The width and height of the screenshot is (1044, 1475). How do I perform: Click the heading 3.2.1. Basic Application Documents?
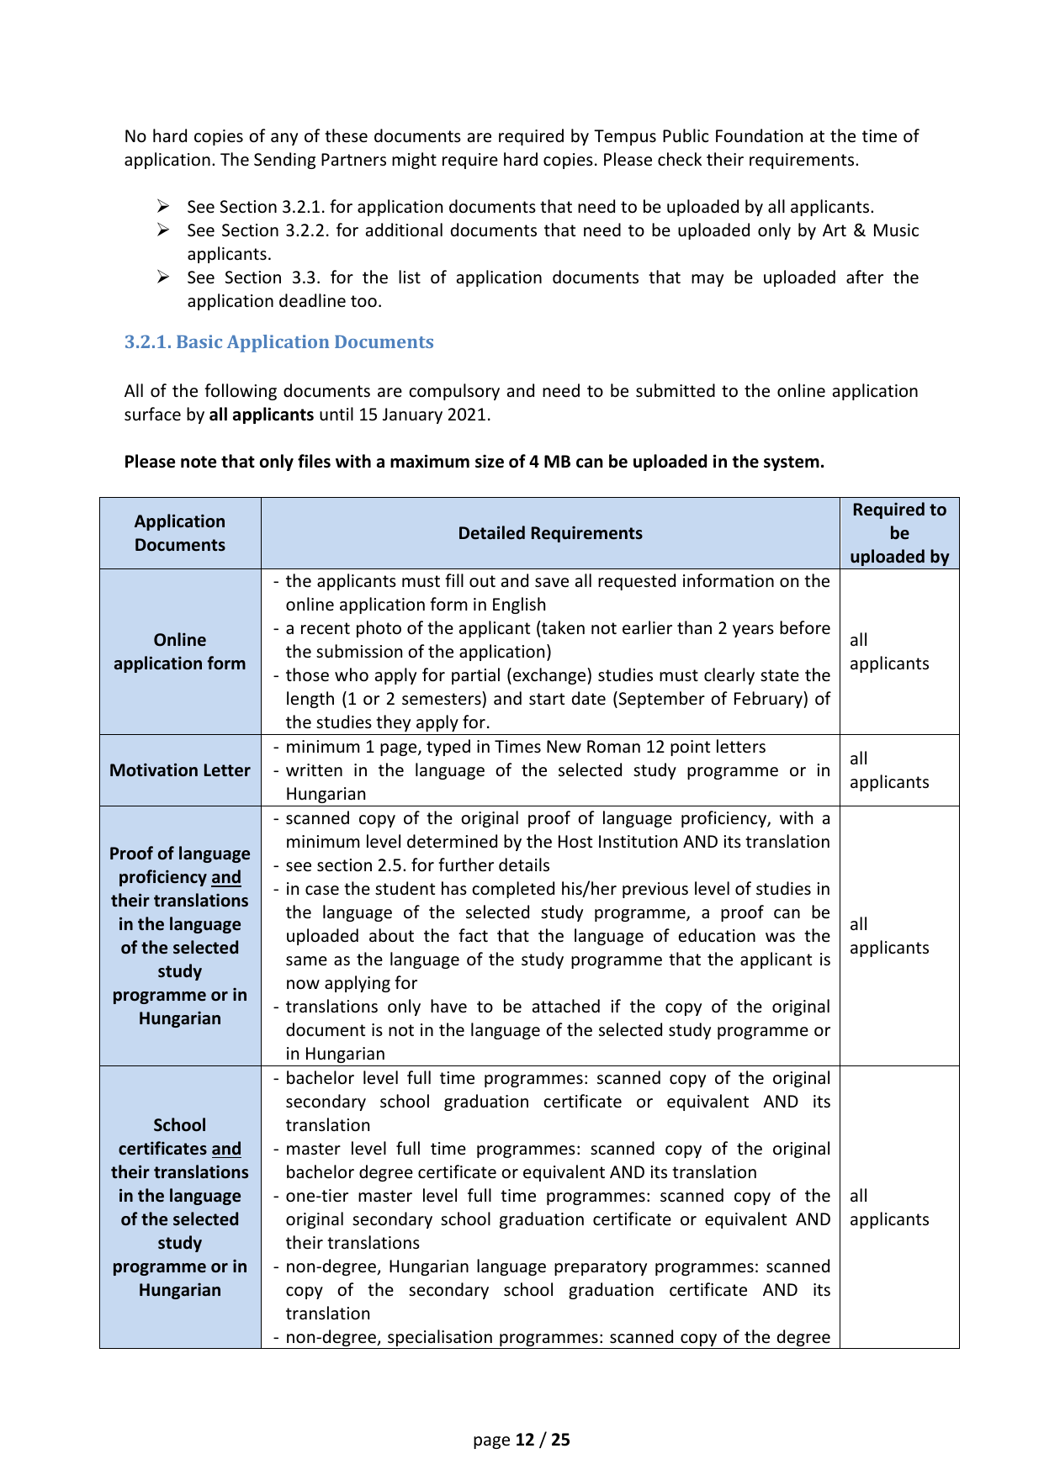pos(278,342)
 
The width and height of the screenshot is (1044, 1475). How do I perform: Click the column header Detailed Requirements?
pos(550,533)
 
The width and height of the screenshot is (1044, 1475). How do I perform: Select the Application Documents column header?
pos(180,533)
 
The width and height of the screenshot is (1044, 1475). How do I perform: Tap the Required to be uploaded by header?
pos(899,533)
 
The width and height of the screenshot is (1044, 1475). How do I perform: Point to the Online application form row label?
pos(180,652)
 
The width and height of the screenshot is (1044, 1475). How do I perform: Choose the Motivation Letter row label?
pos(180,770)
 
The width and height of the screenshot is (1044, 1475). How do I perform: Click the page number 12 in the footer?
pos(525,1440)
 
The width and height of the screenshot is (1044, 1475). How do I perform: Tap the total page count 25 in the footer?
pos(560,1440)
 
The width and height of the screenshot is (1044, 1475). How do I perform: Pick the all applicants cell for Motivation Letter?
pos(889,770)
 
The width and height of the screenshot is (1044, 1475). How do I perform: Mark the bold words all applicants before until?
pos(262,415)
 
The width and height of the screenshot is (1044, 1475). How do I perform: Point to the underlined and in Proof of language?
pos(226,877)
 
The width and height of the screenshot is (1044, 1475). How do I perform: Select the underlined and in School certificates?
pos(226,1149)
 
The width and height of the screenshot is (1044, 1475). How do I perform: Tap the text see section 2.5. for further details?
pos(417,865)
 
